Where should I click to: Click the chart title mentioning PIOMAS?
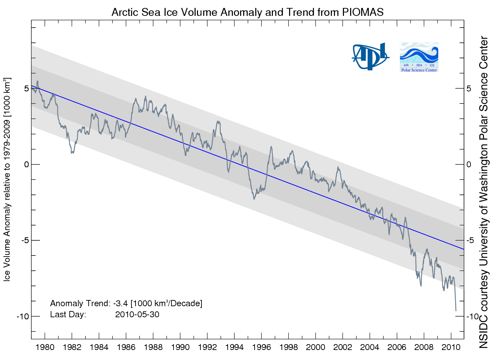coord(247,12)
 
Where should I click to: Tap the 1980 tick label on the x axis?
coord(45,347)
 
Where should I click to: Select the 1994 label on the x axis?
coord(234,347)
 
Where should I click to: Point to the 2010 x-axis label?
coord(451,347)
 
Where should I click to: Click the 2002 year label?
coord(343,347)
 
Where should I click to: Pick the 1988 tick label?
coord(153,347)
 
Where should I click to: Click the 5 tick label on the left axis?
coord(27,89)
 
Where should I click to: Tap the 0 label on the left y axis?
coord(27,164)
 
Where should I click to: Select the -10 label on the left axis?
coord(23,317)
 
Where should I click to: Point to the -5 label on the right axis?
coord(471,240)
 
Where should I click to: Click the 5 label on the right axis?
coord(468,89)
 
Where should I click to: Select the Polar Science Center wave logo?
coord(419,57)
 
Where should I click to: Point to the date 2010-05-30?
coord(137,314)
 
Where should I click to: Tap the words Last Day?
coord(68,314)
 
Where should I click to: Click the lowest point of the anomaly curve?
coord(456,310)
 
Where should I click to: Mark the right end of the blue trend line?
coord(464,249)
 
